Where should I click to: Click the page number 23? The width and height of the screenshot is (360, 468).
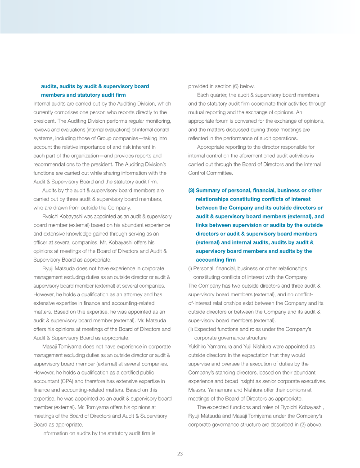pos(180,454)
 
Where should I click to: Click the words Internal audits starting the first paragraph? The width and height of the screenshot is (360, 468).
pos(49,103)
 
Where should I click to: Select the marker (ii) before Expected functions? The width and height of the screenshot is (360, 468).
pos(191,329)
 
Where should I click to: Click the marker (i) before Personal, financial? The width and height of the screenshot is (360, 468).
pos(190,268)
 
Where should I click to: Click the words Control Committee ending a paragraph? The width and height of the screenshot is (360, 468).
pos(210,173)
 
